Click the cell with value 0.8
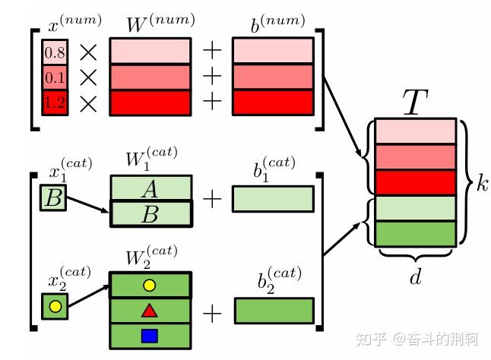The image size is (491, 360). click(54, 52)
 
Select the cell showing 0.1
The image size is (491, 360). click(54, 77)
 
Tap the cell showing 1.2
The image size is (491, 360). click(54, 103)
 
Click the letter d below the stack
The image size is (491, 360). click(415, 277)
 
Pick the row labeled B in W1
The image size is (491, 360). click(150, 214)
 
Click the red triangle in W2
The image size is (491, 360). click(150, 310)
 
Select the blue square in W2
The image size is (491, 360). click(150, 335)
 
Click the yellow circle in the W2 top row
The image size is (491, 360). click(150, 285)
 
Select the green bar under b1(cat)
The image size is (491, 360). click(273, 199)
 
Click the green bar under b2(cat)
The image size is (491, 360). click(274, 310)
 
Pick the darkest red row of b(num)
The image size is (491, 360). click(273, 103)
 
